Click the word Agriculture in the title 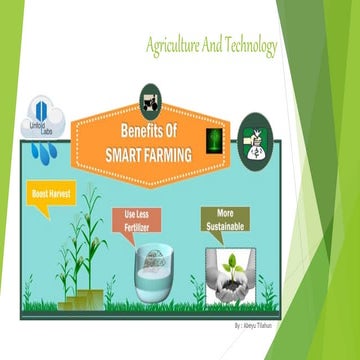pyautogui.click(x=171, y=46)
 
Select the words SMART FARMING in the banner pyautogui.click(x=147, y=151)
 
